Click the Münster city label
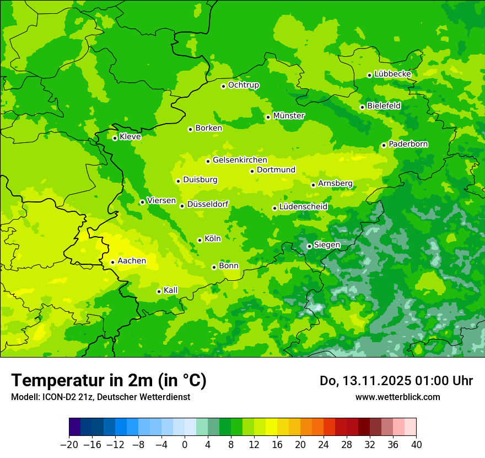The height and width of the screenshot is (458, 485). (289, 116)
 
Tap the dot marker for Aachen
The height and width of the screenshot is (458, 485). (112, 262)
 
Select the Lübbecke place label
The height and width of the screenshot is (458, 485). (392, 74)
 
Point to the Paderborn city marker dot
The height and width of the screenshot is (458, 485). (384, 145)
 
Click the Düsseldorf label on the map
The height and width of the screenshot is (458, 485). (208, 205)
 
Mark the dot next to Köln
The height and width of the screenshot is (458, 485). (200, 240)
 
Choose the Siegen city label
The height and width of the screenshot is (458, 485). (327, 245)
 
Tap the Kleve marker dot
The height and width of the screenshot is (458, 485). (115, 138)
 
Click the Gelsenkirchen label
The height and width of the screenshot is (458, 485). (240, 160)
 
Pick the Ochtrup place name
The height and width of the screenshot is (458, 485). (244, 85)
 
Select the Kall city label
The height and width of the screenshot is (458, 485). (171, 290)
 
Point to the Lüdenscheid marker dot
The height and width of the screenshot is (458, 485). (274, 208)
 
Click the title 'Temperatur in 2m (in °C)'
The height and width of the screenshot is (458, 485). (109, 380)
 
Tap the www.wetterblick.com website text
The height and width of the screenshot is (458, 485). (397, 397)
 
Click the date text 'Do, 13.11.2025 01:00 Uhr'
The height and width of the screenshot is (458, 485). (396, 381)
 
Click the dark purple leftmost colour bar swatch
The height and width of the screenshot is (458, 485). (74, 427)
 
